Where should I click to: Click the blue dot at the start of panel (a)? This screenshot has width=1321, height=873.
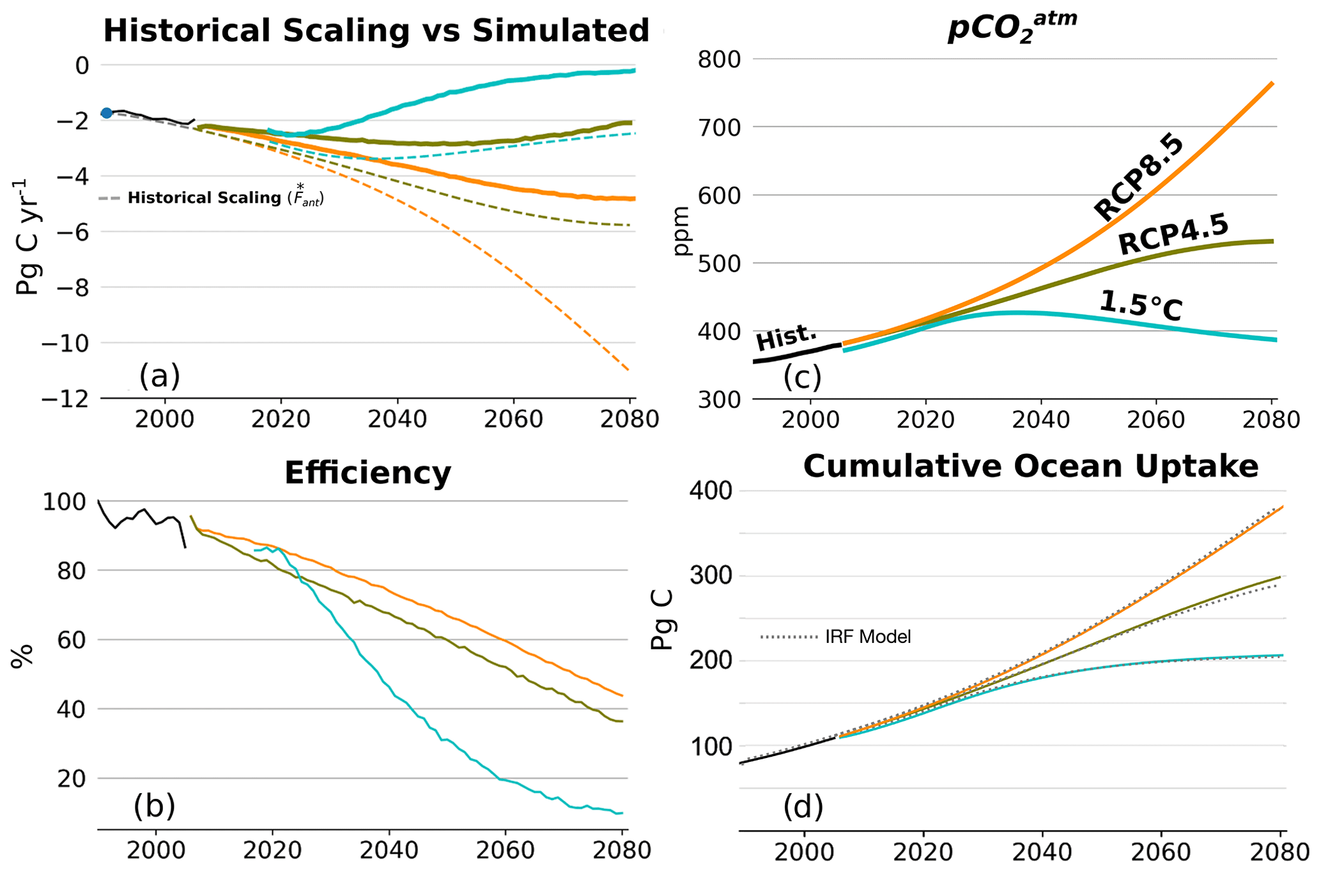(107, 113)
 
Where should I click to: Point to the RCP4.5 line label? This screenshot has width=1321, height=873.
(1173, 235)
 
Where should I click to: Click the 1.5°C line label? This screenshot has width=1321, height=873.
(1141, 306)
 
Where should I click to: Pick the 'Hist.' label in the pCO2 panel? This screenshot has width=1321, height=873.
(787, 337)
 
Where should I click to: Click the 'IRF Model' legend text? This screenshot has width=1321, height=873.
(868, 637)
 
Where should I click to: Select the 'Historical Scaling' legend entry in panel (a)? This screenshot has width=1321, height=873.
(226, 197)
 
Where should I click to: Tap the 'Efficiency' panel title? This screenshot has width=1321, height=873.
(367, 474)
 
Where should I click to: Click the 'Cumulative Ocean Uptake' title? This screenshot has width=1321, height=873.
(1030, 467)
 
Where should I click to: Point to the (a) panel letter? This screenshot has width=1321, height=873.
(160, 376)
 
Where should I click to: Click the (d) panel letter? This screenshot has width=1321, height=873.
(803, 807)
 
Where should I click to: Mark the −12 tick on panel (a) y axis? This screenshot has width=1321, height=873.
(65, 399)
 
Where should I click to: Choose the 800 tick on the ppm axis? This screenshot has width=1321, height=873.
(718, 59)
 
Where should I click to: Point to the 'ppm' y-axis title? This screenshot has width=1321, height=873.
(682, 231)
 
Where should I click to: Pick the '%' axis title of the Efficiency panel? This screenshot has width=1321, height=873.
(21, 656)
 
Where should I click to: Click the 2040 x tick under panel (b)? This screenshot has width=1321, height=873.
(389, 851)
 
